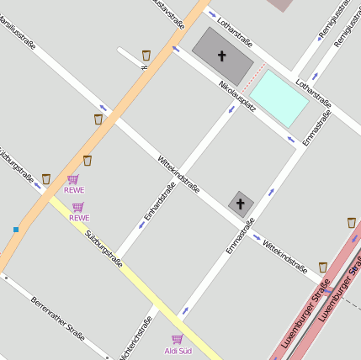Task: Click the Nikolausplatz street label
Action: tap(237, 97)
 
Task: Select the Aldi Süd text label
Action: tap(178, 351)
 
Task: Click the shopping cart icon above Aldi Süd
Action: tap(178, 339)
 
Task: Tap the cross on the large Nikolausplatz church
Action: tap(222, 56)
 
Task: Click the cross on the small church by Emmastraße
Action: tap(240, 204)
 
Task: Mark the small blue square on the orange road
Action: tap(15, 229)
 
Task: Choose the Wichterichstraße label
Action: tap(136, 339)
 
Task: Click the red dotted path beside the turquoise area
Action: tap(253, 77)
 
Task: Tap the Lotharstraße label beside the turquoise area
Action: tap(314, 94)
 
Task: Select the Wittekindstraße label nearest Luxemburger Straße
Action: tap(284, 256)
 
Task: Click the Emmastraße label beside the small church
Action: tap(240, 236)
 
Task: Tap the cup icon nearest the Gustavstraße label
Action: tap(146, 55)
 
